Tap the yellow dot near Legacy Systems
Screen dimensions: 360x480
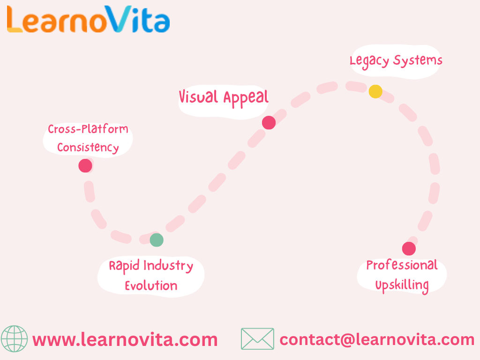pos(375,91)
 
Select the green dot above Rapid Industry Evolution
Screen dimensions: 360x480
pos(157,240)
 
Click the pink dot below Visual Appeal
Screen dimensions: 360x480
pos(269,123)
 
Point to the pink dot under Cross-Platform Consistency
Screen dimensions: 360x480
pos(85,165)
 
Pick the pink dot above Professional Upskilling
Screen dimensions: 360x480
pos(409,249)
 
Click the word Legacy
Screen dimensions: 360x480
pos(369,61)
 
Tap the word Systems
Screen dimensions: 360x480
pos(418,60)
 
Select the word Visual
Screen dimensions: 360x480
pos(199,97)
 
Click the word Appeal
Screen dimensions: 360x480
pos(246,98)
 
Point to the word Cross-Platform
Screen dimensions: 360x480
pos(88,129)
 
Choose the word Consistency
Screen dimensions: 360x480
pos(88,148)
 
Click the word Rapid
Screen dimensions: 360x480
pos(124,266)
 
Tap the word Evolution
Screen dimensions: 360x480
pos(151,285)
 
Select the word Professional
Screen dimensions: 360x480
pos(402,265)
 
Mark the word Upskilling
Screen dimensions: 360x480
pos(402,285)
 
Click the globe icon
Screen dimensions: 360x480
pos(14,339)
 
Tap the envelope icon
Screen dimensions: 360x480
pos(257,339)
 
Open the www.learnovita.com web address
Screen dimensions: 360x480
pos(125,339)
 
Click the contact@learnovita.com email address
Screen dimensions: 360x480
pos(377,339)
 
